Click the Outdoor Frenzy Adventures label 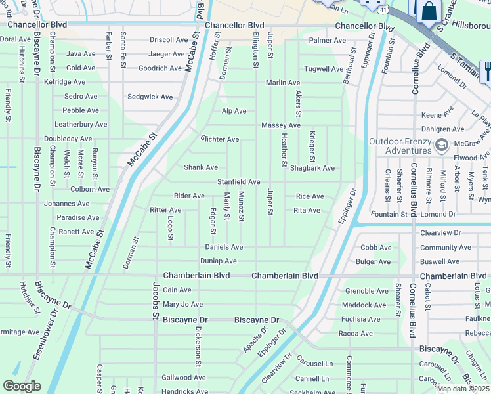[x=400, y=146]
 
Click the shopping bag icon [x=429, y=11]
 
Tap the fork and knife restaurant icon [x=486, y=70]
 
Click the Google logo [x=22, y=385]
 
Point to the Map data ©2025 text [x=463, y=389]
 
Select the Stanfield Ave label [x=239, y=181]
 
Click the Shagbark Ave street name [x=312, y=168]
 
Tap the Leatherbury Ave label [x=81, y=124]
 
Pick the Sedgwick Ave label [x=150, y=97]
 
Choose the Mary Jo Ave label [x=182, y=305]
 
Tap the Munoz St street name [x=242, y=206]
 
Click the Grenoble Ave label [x=367, y=290]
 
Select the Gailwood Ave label [x=184, y=378]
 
